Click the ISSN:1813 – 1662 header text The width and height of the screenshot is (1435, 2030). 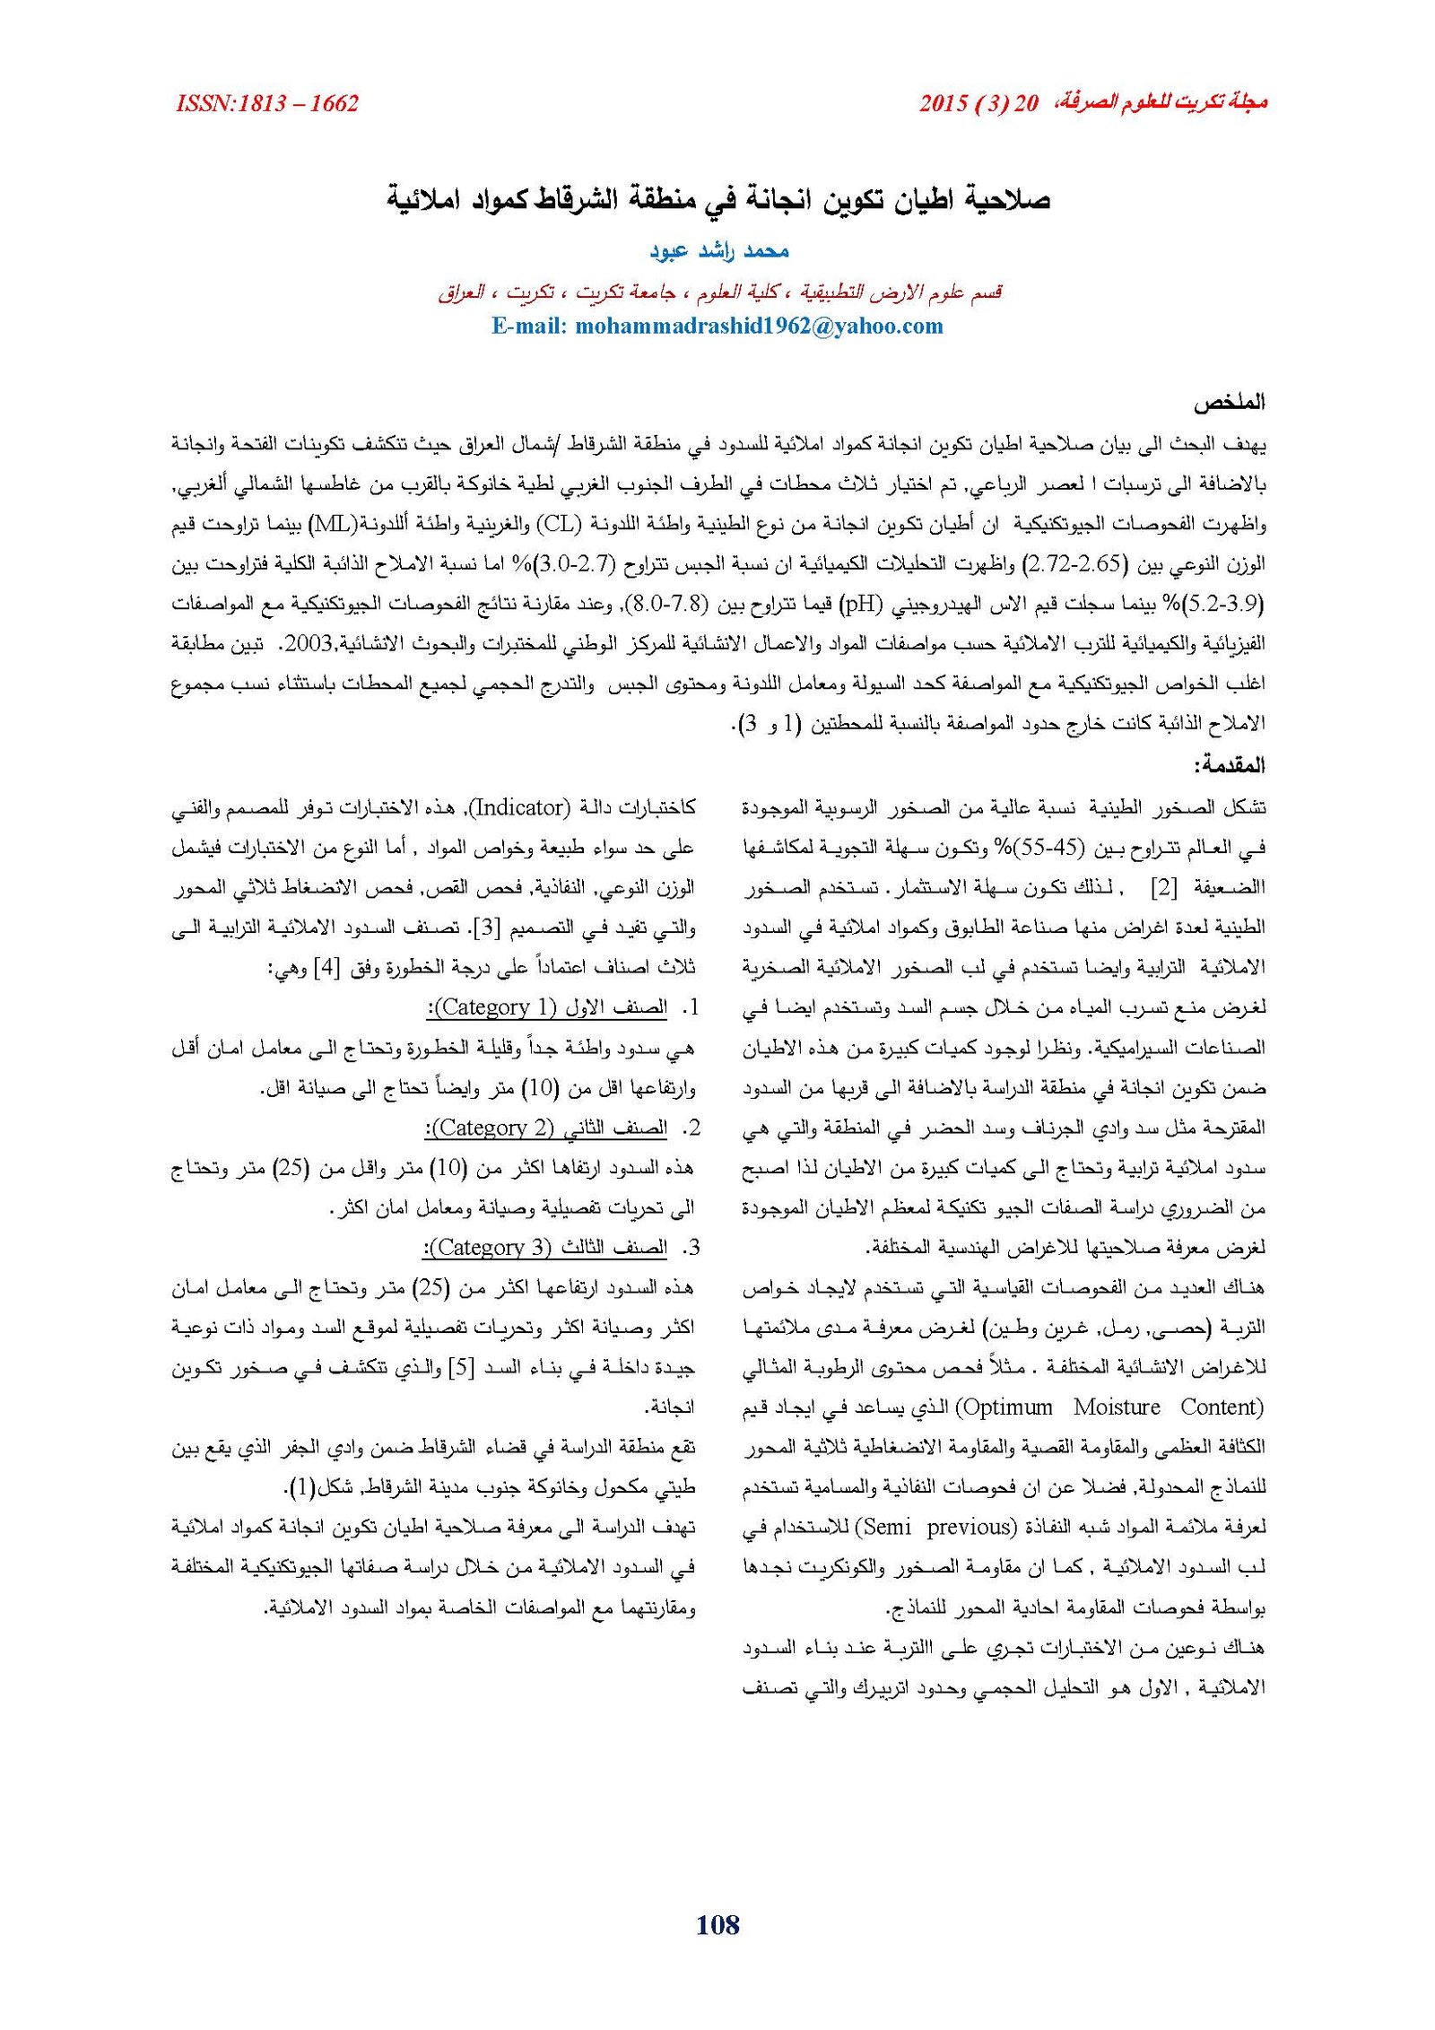coord(267,103)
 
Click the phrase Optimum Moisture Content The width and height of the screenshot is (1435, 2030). coord(1112,1407)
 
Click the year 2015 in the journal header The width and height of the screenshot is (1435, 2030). coord(943,103)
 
